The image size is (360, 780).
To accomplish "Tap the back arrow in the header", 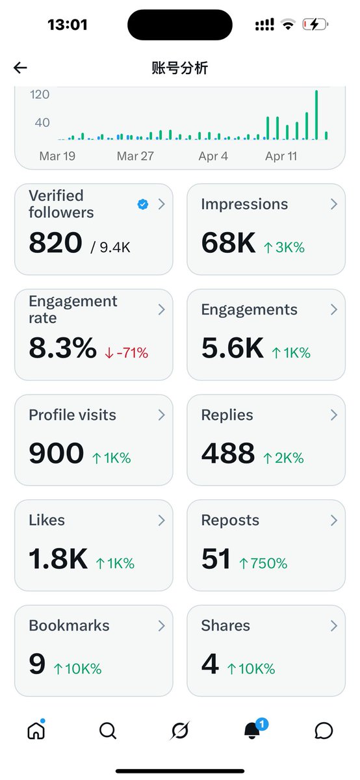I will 20,68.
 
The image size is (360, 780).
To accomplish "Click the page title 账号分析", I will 180,68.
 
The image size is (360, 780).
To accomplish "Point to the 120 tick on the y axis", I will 40,95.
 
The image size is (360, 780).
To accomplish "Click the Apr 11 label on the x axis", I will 281,156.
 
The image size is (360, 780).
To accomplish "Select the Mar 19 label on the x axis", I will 57,156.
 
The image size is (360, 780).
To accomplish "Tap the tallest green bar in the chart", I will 316,115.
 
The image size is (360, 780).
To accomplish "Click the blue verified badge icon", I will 143,204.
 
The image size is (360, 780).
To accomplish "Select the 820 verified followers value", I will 55,243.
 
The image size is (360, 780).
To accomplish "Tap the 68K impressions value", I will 228,243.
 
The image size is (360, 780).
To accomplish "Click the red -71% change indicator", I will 127,353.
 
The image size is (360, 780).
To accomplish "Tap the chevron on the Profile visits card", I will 161,415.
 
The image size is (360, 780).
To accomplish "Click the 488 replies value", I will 227,454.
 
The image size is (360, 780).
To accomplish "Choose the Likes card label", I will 47,520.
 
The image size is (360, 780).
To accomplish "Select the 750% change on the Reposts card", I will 263,563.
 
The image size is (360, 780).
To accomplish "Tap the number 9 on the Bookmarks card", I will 37,664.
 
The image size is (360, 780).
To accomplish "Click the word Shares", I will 225,625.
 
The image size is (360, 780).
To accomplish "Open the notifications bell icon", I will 252,730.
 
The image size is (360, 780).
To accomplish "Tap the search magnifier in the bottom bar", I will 108,731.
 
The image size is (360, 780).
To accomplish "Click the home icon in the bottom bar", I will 36,731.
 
